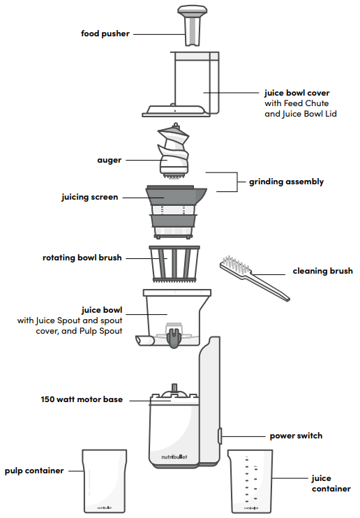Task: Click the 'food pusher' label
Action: coord(105,33)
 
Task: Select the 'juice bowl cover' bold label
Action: coord(297,92)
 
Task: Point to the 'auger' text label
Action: coord(110,160)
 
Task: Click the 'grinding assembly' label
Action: coord(286,182)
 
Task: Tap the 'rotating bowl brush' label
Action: coord(82,258)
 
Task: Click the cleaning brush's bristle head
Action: coord(236,267)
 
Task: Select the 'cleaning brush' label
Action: coord(322,271)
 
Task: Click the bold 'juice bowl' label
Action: coord(103,309)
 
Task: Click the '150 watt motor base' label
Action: coord(82,400)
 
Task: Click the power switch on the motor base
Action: coord(219,436)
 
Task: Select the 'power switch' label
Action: coord(296,436)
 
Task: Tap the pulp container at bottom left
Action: coord(105,482)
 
